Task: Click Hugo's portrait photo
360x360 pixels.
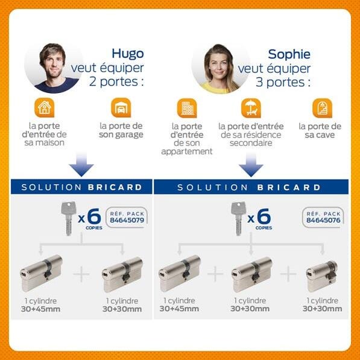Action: (x=54, y=67)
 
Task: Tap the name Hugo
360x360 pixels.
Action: (x=127, y=54)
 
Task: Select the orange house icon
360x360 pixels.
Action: (x=44, y=108)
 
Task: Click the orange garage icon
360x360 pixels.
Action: (x=121, y=108)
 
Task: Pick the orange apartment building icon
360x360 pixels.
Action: (x=186, y=109)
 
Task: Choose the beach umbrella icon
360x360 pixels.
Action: (x=249, y=109)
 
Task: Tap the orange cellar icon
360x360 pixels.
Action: (x=320, y=109)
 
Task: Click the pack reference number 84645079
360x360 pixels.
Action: (x=126, y=221)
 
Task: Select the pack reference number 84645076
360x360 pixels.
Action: (x=323, y=221)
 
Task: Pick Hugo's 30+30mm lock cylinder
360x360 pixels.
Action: (x=122, y=270)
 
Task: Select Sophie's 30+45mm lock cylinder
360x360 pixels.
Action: (x=179, y=269)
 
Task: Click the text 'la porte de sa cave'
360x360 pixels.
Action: (x=320, y=131)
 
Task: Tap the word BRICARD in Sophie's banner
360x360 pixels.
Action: (x=289, y=187)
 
